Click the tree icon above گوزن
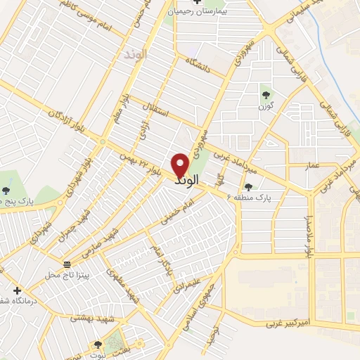[266, 95]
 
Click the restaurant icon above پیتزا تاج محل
[67, 264]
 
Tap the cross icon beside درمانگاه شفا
[17, 290]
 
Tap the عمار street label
[312, 165]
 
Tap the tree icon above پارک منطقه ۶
[247, 186]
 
